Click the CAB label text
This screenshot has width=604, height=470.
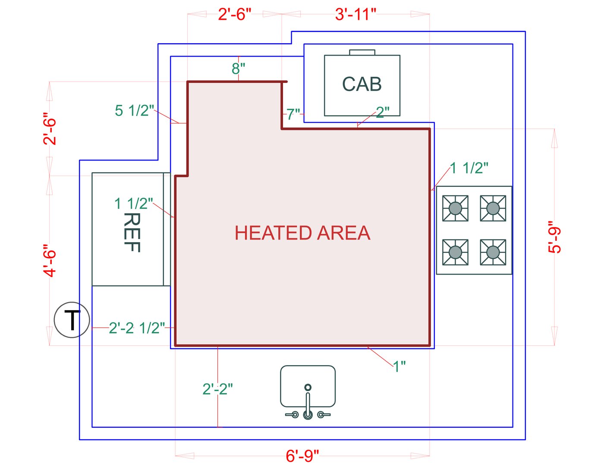362,84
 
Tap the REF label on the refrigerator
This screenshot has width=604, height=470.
132,232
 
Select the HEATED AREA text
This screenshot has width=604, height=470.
302,233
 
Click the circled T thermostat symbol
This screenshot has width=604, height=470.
72,320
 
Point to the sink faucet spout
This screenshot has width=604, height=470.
308,401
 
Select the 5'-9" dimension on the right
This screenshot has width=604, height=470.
554,237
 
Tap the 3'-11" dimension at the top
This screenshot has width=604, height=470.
355,14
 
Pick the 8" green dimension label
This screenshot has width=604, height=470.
238,68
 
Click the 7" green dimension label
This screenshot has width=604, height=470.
293,114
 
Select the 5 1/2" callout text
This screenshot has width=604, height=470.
134,110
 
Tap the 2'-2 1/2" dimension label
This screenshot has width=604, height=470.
137,328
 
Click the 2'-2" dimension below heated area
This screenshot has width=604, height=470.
217,389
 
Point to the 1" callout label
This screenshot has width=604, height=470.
400,366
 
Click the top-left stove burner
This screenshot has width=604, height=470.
455,208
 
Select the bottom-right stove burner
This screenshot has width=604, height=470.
493,252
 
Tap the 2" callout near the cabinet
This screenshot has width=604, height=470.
383,112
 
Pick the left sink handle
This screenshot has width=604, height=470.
293,415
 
